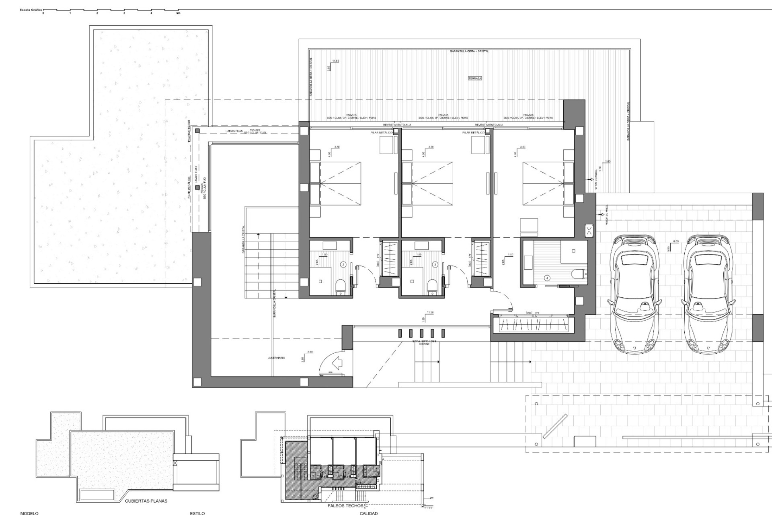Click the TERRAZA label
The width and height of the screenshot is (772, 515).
(x=474, y=78)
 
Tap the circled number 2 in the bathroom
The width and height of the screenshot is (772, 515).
(x=343, y=265)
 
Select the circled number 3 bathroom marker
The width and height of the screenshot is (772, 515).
(x=435, y=265)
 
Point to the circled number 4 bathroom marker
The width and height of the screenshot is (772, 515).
(x=547, y=278)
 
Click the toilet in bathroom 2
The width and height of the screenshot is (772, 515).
(x=341, y=287)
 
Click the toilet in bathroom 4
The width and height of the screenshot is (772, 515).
(x=579, y=274)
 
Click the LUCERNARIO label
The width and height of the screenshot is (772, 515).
(x=276, y=358)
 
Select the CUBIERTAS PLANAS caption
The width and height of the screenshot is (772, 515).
(x=146, y=501)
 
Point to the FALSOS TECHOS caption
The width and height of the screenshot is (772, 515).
(x=346, y=506)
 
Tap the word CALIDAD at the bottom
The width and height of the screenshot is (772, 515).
(x=369, y=513)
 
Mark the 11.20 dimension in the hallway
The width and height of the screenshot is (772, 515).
(x=430, y=312)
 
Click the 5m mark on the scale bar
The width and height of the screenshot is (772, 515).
(x=178, y=13)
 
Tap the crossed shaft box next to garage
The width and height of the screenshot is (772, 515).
(x=589, y=231)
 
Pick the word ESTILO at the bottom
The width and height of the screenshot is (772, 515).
(x=197, y=513)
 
